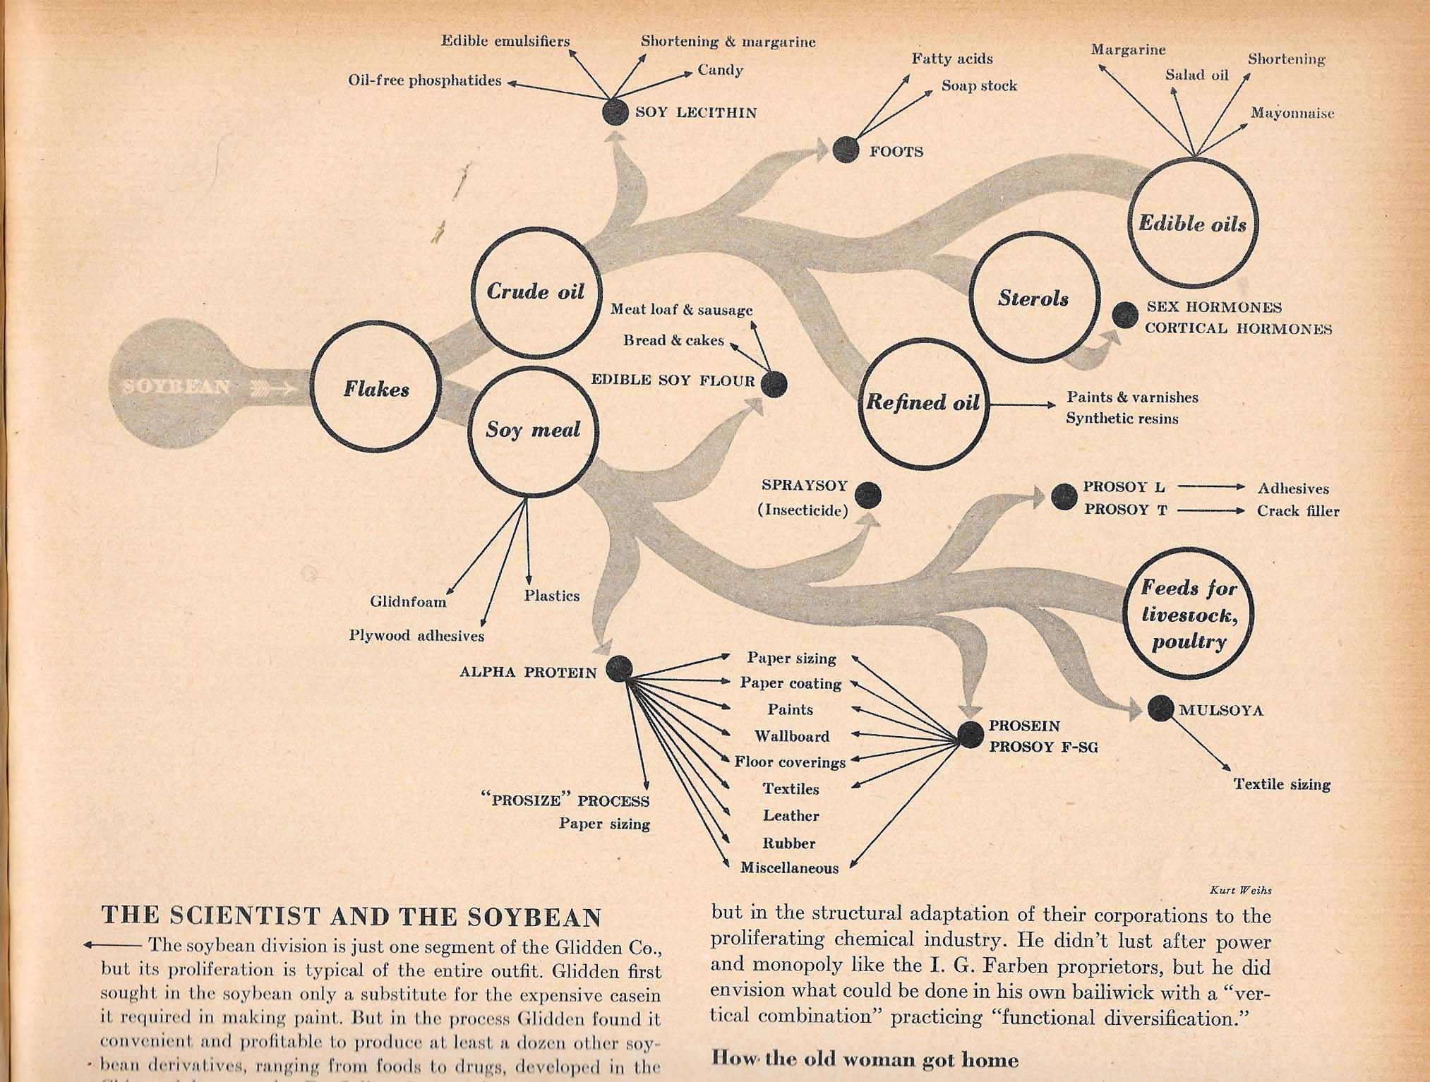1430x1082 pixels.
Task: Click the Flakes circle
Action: (x=376, y=390)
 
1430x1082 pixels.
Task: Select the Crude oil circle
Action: (x=536, y=291)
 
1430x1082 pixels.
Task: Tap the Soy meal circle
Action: (x=533, y=430)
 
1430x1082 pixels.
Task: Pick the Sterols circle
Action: (x=1034, y=299)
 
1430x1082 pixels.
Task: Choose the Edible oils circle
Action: (x=1193, y=224)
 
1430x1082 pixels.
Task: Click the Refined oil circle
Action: (x=924, y=402)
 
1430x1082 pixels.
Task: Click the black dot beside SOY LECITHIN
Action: (x=615, y=112)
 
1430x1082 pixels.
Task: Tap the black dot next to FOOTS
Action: (x=846, y=150)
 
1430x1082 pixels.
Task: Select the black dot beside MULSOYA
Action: (x=1160, y=708)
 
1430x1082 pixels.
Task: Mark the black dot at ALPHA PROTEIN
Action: (x=619, y=669)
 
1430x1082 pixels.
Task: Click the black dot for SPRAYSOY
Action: (x=867, y=495)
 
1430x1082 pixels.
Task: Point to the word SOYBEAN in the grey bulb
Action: (x=176, y=387)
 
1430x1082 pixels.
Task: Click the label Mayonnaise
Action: (x=1292, y=113)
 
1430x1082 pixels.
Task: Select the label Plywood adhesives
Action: (x=416, y=636)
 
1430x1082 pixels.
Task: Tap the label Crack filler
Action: (x=1297, y=511)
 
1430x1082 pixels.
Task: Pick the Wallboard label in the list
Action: (x=791, y=736)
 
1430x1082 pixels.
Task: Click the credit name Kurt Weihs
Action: (x=1240, y=891)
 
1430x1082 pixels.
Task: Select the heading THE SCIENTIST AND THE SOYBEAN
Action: (x=352, y=917)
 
